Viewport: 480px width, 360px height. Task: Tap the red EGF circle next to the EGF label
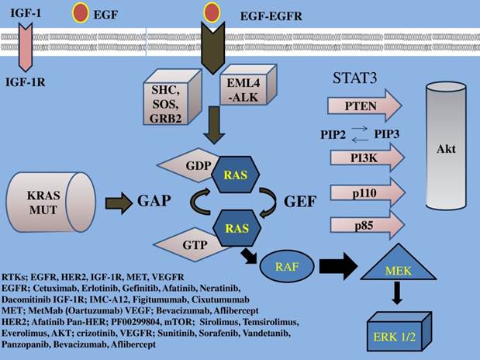tap(81, 12)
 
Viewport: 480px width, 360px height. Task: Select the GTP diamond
tap(191, 244)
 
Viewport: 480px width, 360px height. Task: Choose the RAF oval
tap(286, 265)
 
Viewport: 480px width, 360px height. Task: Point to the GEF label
tap(299, 202)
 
